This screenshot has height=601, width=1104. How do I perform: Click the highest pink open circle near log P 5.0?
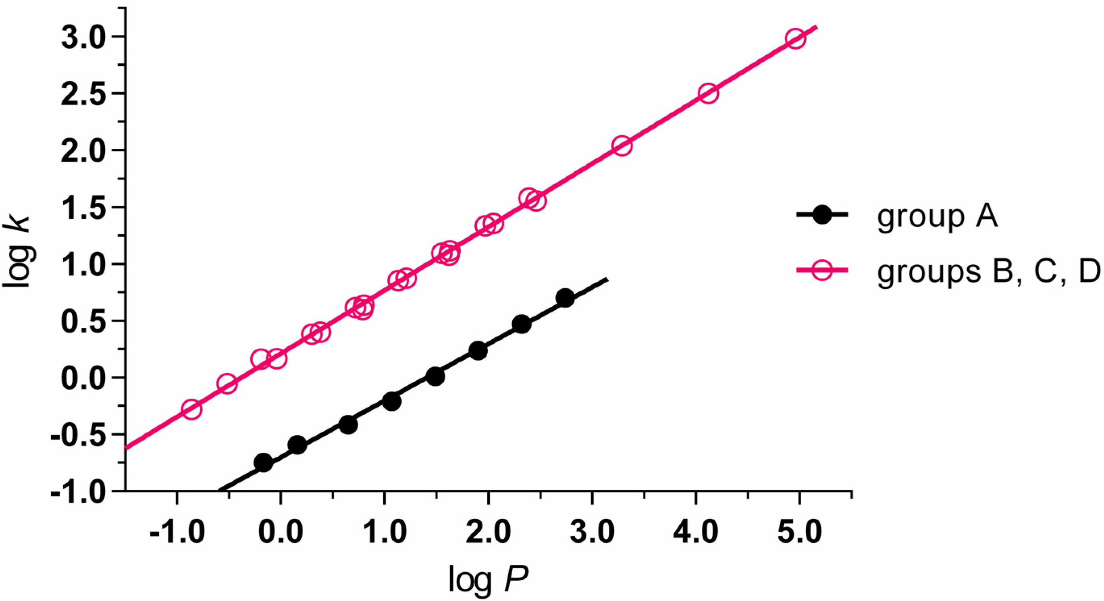[795, 40]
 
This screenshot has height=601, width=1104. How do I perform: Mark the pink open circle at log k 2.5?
[709, 94]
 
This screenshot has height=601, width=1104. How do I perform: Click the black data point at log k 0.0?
[435, 376]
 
